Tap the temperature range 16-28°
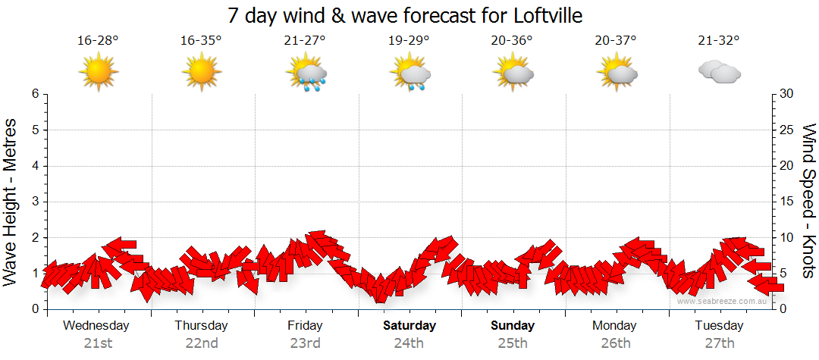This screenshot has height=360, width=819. pyautogui.click(x=98, y=41)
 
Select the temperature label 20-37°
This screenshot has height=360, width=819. pyautogui.click(x=616, y=41)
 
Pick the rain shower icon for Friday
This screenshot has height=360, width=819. pyautogui.click(x=306, y=74)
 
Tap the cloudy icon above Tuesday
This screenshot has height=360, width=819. pyautogui.click(x=719, y=72)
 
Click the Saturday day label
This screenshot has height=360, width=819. pyautogui.click(x=409, y=326)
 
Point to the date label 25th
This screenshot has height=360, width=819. pyautogui.click(x=513, y=343)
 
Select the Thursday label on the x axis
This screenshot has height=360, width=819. pyautogui.click(x=201, y=326)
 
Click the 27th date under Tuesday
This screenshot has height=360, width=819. pyautogui.click(x=720, y=343)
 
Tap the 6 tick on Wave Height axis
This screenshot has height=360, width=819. pyautogui.click(x=35, y=94)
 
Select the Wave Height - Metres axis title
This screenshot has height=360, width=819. pyautogui.click(x=12, y=202)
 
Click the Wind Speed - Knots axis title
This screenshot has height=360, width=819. pyautogui.click(x=808, y=202)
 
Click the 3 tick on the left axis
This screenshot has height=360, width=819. pyautogui.click(x=35, y=202)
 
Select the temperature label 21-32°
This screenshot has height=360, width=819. pyautogui.click(x=719, y=41)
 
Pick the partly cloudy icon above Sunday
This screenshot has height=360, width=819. pyautogui.click(x=513, y=73)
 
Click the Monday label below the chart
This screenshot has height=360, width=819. pyautogui.click(x=616, y=326)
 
